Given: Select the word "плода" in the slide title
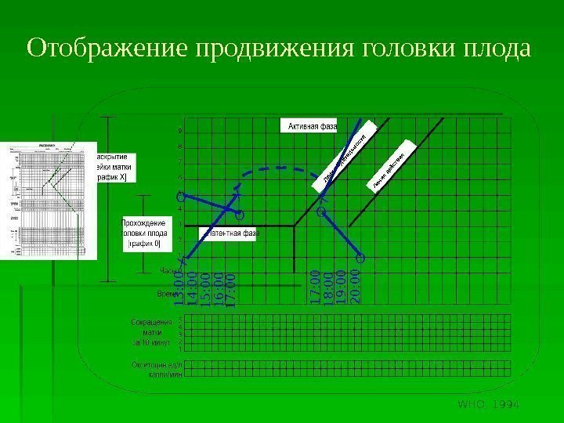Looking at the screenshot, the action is (493, 49).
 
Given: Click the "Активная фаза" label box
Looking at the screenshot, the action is (313, 125).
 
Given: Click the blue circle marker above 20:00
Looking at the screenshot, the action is (360, 257).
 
